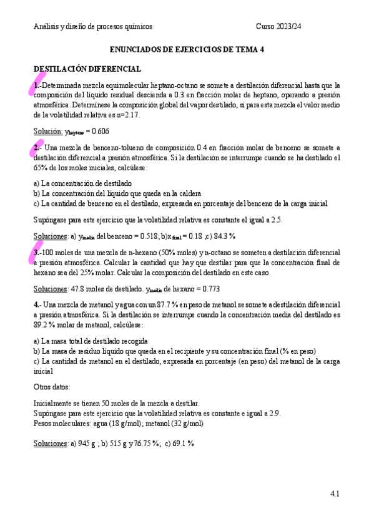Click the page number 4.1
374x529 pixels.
(x=334, y=494)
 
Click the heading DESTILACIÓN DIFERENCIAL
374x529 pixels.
(x=87, y=69)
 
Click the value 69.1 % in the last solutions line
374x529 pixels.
(x=182, y=443)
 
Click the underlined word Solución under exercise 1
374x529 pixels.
(x=47, y=131)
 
